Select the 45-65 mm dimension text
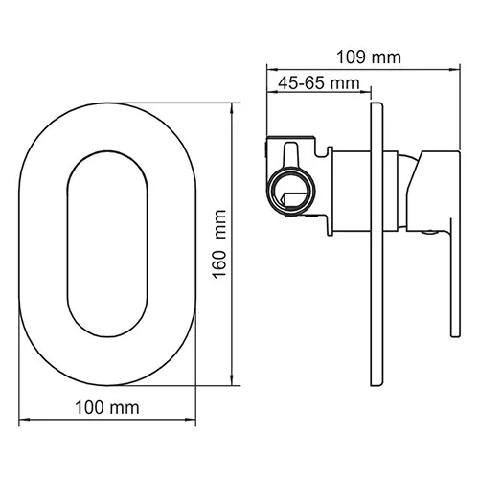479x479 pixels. tap(311, 84)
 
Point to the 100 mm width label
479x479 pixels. tap(105, 408)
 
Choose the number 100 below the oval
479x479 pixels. tap(91, 408)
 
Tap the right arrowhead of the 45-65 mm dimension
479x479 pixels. tap(365, 94)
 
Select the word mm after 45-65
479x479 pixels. tap(339, 84)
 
